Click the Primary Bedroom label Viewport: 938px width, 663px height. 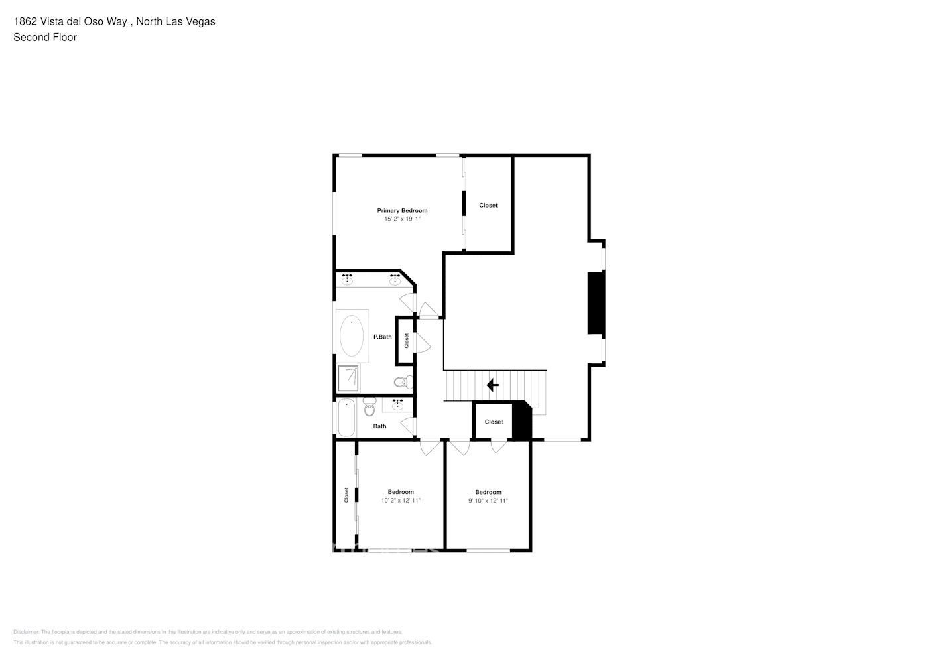[x=402, y=210]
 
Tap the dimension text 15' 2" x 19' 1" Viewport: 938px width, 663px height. [x=402, y=219]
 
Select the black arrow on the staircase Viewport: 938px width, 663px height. [x=492, y=385]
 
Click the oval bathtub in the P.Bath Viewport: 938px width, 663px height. [x=352, y=335]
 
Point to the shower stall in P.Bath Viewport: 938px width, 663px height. [x=348, y=378]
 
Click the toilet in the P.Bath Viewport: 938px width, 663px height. [x=402, y=382]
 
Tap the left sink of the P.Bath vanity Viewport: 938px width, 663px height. [x=346, y=278]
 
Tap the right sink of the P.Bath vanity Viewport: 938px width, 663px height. [x=395, y=278]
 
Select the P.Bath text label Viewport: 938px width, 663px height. [x=383, y=337]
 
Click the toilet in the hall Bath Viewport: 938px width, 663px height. [x=369, y=406]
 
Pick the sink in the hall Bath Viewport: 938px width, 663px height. [x=398, y=404]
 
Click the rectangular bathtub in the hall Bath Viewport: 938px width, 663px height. [x=346, y=417]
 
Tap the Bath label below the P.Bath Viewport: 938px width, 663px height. [x=379, y=426]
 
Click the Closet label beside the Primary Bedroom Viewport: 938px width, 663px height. [x=488, y=205]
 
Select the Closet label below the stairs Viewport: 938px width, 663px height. [x=494, y=422]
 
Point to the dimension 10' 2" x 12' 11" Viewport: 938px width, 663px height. [x=401, y=501]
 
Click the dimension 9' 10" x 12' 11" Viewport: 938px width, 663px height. [x=488, y=501]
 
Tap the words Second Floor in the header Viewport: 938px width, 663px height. [x=45, y=37]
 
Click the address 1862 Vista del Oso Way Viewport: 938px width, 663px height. [x=70, y=21]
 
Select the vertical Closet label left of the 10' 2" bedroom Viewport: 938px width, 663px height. [x=346, y=495]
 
